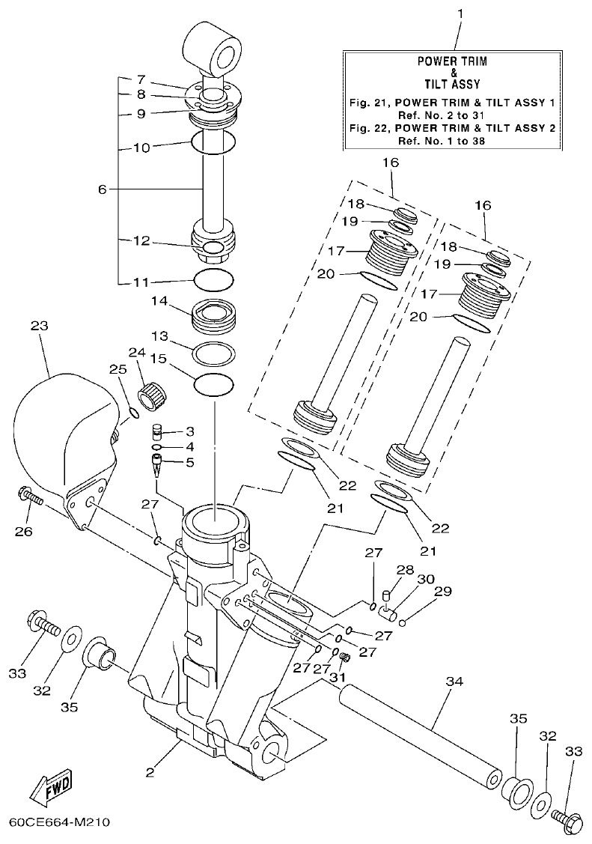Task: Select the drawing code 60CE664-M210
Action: click(60, 822)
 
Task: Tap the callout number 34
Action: click(454, 681)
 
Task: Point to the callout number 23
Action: click(39, 326)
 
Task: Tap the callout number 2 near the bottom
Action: click(150, 771)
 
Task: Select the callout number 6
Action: click(103, 189)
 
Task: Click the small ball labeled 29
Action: click(403, 622)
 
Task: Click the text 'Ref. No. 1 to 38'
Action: click(449, 140)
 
